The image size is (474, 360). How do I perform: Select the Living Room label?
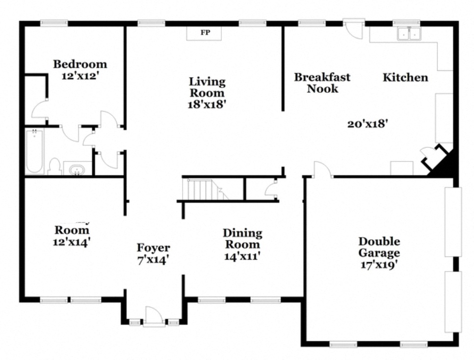click(207, 87)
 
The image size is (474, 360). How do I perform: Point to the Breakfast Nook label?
click(322, 83)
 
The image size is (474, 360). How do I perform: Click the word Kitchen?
click(405, 77)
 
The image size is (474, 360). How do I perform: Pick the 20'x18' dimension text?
click(368, 124)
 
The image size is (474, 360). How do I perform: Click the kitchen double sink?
click(409, 34)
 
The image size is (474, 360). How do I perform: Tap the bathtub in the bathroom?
click(34, 151)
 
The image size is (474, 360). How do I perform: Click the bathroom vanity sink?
click(77, 169)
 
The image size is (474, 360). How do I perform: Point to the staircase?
click(202, 190)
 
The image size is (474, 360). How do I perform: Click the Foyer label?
click(153, 248)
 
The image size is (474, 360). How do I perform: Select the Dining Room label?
click(242, 239)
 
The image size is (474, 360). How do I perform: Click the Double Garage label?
click(379, 247)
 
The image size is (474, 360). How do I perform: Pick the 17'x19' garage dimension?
click(379, 265)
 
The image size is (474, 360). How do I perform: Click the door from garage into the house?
click(323, 170)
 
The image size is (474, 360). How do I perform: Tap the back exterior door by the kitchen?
click(353, 29)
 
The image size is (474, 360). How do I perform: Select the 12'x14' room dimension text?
click(72, 242)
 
